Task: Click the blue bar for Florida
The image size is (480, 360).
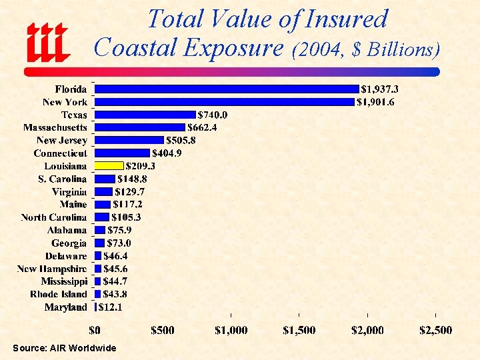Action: click(x=227, y=89)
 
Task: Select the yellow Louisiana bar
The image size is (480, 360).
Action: click(x=109, y=165)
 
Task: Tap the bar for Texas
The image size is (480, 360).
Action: click(x=145, y=115)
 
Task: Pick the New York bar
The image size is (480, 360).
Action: click(x=224, y=102)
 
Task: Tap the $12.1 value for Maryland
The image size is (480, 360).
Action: click(x=111, y=307)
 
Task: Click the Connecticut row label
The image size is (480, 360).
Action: click(x=60, y=153)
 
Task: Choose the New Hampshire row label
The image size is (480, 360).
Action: click(x=52, y=269)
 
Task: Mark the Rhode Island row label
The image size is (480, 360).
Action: click(x=59, y=294)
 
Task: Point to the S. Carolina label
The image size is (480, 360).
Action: click(x=63, y=179)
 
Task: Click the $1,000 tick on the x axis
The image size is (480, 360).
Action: click(x=231, y=330)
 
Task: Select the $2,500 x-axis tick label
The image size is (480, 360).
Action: click(x=435, y=330)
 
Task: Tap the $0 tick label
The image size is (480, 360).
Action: click(x=95, y=330)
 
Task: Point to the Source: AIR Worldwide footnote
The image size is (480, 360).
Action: click(x=64, y=348)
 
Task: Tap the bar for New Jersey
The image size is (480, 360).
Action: click(x=129, y=140)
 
